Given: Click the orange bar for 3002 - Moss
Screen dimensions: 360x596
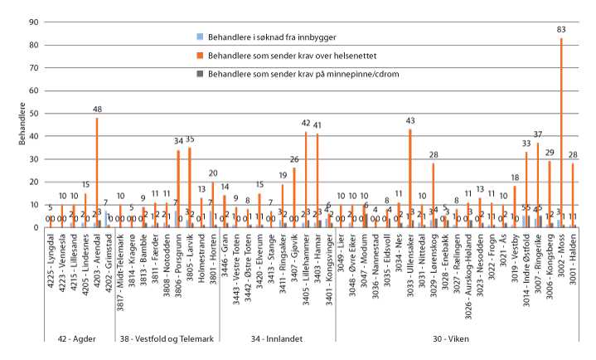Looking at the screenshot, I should (x=561, y=133).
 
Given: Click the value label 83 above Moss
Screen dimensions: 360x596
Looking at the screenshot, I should (x=561, y=30).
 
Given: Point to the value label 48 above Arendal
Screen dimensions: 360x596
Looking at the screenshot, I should (x=97, y=109).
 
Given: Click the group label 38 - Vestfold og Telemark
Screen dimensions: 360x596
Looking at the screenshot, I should (x=167, y=338).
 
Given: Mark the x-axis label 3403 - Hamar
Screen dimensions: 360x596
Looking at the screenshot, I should (x=317, y=260).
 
